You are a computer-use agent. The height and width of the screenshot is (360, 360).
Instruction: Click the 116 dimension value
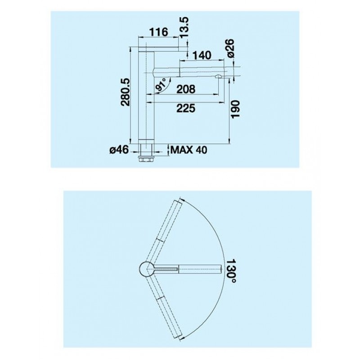click(159, 32)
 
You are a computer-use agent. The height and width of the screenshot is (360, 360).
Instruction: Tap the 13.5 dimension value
click(184, 28)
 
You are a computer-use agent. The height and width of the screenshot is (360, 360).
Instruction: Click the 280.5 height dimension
click(126, 93)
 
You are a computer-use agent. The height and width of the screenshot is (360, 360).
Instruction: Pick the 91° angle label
click(161, 85)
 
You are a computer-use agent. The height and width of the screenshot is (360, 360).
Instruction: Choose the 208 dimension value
click(186, 89)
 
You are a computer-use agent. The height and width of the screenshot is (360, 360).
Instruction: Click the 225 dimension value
click(186, 108)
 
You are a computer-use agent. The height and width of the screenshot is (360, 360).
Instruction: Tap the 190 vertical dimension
click(235, 109)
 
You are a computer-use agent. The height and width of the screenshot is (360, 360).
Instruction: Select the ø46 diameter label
click(119, 150)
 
